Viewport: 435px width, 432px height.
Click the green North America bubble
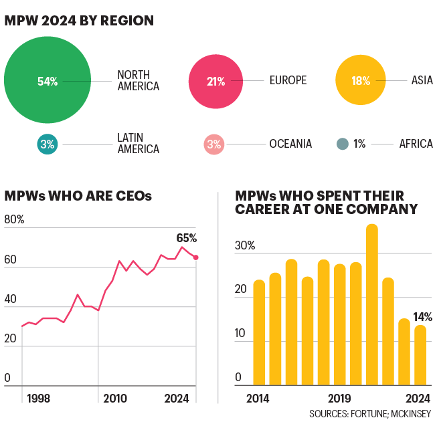tap(48, 81)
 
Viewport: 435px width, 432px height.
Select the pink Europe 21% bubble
tap(216, 81)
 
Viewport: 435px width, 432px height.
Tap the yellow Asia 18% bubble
tap(361, 81)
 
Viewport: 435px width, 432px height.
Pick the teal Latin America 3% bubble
tap(47, 144)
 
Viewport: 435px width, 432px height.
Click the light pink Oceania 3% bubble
tap(213, 144)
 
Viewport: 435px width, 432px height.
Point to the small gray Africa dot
tap(343, 144)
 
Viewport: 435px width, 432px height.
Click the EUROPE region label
tap(288, 81)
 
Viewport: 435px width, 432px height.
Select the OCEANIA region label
tap(290, 144)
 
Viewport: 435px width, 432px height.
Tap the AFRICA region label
tap(416, 144)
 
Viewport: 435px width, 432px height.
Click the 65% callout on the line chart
tap(187, 238)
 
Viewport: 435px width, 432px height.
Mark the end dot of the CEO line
tap(195, 257)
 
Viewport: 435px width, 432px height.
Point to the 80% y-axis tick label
tap(14, 219)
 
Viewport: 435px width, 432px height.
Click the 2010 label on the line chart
tap(115, 399)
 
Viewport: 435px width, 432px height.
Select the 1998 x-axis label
tap(38, 399)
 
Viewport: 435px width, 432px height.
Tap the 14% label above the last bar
tap(423, 317)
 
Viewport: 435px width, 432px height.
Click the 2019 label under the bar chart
tap(339, 399)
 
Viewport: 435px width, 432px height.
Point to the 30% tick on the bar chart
tap(245, 245)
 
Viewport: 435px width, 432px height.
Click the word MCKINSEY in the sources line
tap(410, 415)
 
